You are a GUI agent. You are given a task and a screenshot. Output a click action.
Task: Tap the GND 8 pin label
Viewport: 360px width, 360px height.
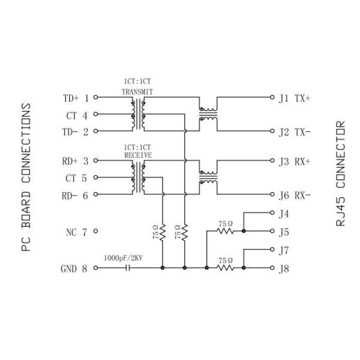[x=75, y=269]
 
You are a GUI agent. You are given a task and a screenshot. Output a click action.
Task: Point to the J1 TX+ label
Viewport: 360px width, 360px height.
[x=294, y=98]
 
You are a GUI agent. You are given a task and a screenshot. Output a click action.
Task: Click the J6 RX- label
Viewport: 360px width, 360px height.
[x=294, y=194]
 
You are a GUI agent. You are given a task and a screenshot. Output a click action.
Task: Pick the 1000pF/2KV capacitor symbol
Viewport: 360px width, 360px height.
[x=127, y=268]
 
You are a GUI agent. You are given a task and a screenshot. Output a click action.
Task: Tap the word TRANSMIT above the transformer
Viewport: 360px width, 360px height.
[x=137, y=92]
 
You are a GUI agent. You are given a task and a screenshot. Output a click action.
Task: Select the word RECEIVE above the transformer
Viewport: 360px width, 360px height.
[x=137, y=154]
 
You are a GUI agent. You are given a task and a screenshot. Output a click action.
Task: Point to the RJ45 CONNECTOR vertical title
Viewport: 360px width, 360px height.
[x=340, y=173]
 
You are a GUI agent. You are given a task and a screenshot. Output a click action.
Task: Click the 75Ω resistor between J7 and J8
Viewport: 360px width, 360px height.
[x=226, y=268]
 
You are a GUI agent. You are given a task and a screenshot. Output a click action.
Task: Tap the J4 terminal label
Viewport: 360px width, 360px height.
[x=284, y=213]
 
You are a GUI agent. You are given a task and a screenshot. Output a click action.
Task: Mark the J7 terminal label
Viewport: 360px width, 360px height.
[x=284, y=249]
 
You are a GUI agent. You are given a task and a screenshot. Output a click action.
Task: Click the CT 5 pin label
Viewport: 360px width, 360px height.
[x=76, y=178]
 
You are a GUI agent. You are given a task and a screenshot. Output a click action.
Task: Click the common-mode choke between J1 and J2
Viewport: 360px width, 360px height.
[x=208, y=114]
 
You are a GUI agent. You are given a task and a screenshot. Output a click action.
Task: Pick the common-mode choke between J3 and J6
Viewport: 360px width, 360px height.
[x=208, y=178]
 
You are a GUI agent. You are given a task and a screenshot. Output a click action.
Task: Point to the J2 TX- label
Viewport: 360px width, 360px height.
[x=294, y=131]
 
